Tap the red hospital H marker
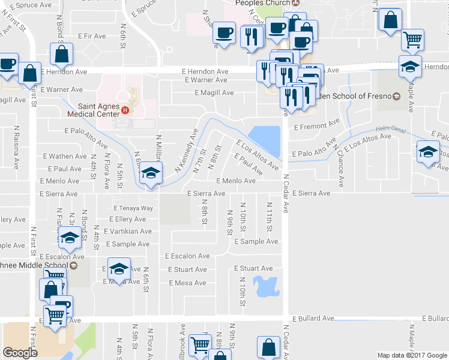coord(125,110)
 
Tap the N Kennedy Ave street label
coord(186,151)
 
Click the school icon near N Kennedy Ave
coord(149,175)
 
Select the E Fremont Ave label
coord(316,126)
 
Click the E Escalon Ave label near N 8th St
coord(187,256)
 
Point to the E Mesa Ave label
coord(187,283)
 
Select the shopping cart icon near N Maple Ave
coord(412,40)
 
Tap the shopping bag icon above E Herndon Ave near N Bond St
coord(62,55)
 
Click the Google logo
coord(20,353)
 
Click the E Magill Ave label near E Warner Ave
coord(214,92)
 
